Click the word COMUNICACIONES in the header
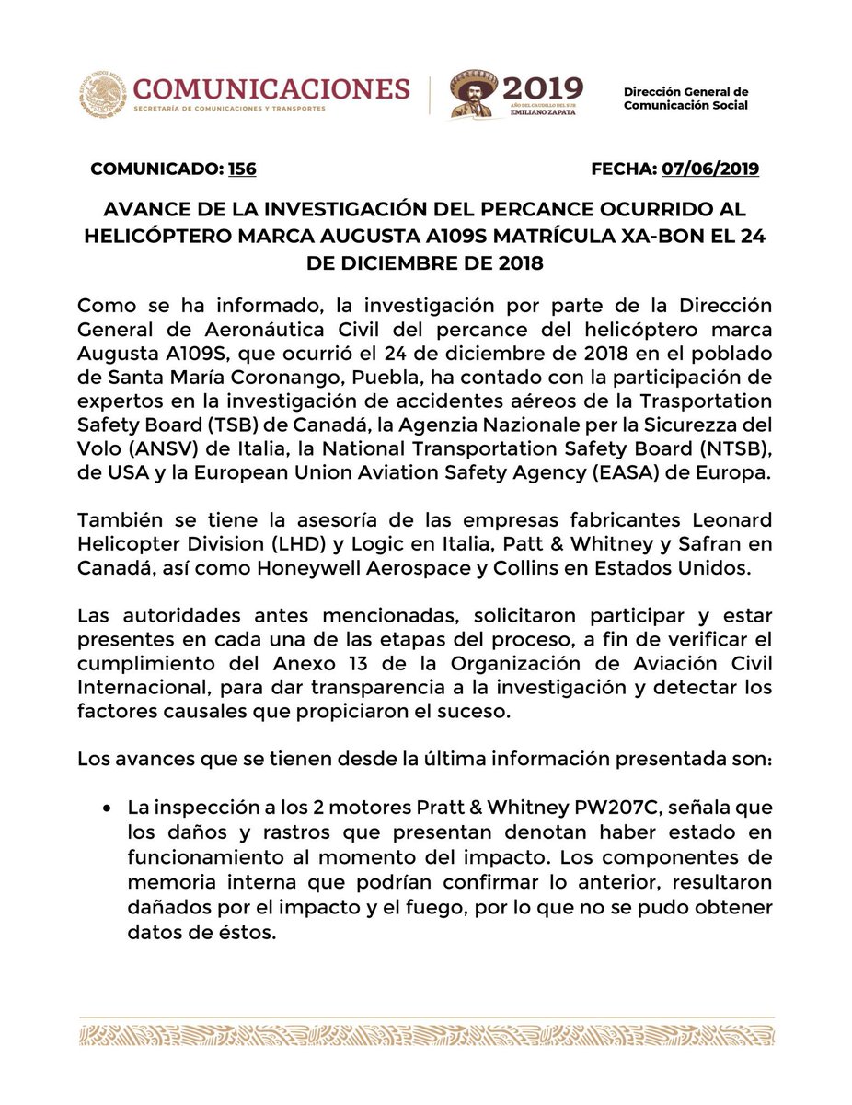point(271,88)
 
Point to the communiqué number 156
point(242,169)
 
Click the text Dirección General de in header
point(685,92)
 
